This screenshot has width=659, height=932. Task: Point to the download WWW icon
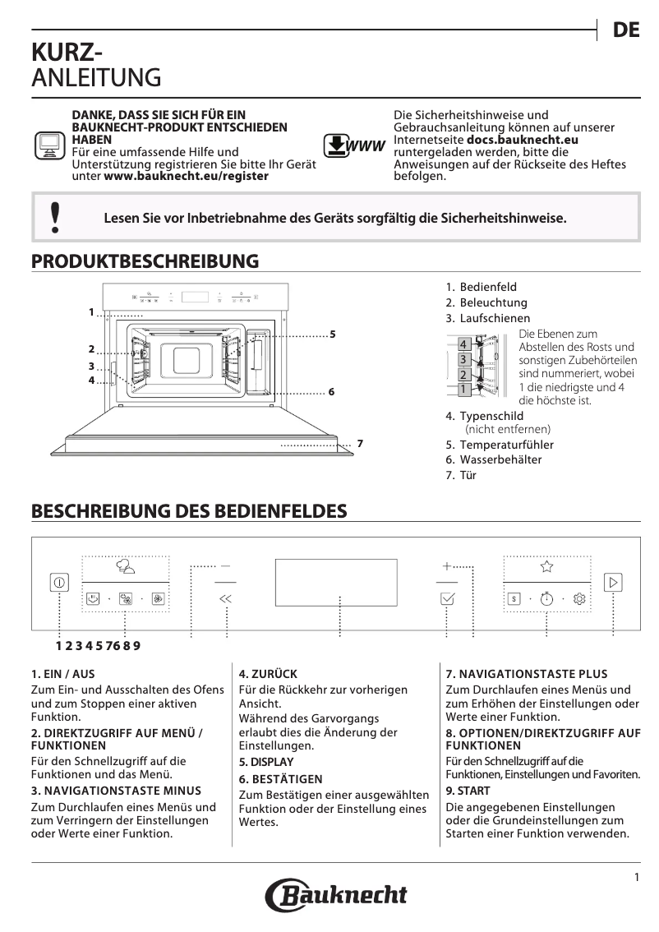click(354, 146)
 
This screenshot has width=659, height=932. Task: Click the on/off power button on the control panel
click(60, 581)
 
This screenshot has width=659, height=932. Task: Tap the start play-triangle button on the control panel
click(613, 582)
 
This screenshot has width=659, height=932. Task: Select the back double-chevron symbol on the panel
click(226, 599)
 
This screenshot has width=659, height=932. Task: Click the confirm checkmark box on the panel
click(448, 599)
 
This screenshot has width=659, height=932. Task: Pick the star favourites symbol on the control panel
click(547, 565)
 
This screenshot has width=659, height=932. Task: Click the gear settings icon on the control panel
click(580, 599)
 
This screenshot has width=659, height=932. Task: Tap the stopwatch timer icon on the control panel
click(547, 599)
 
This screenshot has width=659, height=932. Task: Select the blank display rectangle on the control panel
click(336, 582)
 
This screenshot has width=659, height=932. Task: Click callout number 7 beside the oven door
click(359, 445)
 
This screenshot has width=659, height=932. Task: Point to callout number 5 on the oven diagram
click(332, 335)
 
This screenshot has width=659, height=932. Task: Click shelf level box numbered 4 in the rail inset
click(463, 344)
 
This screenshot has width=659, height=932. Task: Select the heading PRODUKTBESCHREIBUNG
click(145, 261)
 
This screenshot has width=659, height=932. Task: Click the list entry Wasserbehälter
click(493, 460)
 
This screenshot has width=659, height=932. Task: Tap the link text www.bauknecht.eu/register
click(186, 177)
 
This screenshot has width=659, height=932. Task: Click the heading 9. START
click(468, 791)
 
